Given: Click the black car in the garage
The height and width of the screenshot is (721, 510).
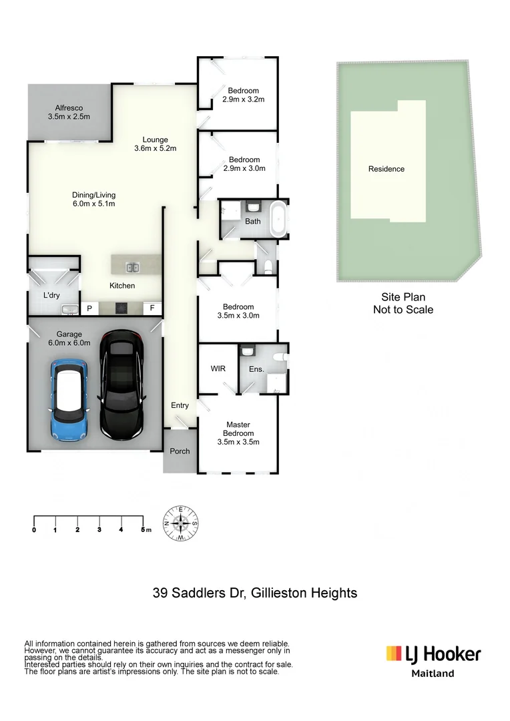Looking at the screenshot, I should point(122,387).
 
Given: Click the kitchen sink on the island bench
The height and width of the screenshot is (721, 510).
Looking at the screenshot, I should point(132,268).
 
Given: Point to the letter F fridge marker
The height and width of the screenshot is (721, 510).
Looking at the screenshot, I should point(152,308).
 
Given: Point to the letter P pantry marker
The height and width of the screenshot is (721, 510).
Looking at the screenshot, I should point(88,308).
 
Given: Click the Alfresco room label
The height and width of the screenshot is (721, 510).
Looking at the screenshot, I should point(69,112).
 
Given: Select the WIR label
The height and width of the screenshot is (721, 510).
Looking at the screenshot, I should point(218,369).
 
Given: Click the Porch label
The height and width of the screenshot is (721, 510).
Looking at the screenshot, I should point(180,451).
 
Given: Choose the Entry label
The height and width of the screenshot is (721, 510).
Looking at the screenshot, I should point(180,405).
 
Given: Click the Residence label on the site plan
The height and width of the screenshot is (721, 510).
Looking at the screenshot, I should point(387,169).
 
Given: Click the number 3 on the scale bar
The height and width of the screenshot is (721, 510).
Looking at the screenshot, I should point(99,530).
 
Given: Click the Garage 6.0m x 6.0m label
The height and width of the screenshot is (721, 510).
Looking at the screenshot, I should point(69,338).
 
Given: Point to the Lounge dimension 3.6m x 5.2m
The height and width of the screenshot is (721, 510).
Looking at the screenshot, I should point(155,148).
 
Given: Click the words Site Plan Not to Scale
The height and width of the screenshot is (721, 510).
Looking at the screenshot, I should point(403,304).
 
